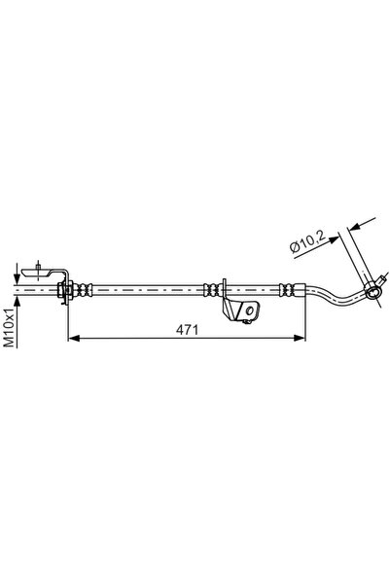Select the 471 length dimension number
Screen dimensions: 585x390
185,330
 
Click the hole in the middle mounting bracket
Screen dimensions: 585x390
249,311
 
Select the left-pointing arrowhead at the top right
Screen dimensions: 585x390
353,227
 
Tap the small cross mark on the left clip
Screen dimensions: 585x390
35,269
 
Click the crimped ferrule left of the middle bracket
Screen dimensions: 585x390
210,288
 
